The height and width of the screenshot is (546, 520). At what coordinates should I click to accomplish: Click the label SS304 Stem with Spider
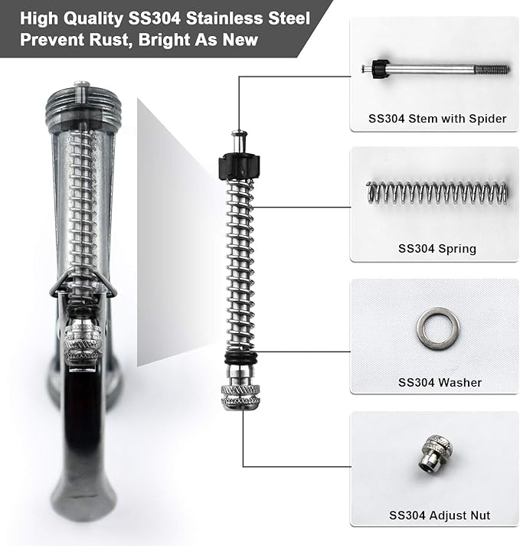coord(437,119)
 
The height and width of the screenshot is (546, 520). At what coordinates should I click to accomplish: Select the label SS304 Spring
coord(437,248)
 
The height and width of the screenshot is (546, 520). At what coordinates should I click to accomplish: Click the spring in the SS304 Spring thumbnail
coord(437,192)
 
